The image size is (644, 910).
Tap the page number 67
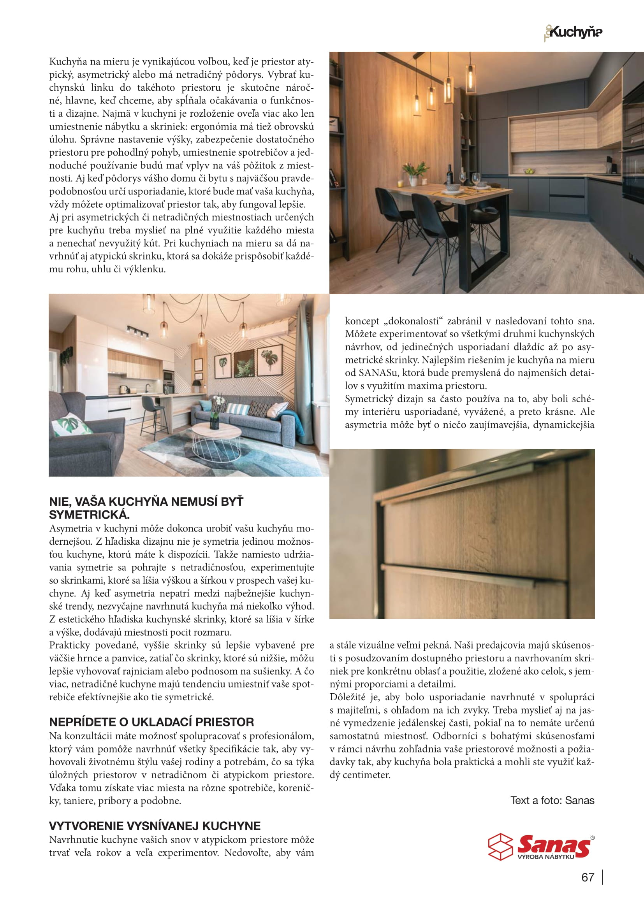click(587, 877)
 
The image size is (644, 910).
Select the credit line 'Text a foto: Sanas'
click(552, 800)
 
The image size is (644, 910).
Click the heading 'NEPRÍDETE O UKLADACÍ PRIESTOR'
click(151, 722)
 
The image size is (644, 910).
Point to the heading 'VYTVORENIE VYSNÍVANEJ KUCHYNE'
click(155, 826)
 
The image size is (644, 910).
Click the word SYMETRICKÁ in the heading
click(89, 515)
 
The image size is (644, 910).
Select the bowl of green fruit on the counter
click(529, 171)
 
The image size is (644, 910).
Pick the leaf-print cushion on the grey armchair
click(71, 425)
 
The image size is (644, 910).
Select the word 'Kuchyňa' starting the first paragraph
click(64, 61)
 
